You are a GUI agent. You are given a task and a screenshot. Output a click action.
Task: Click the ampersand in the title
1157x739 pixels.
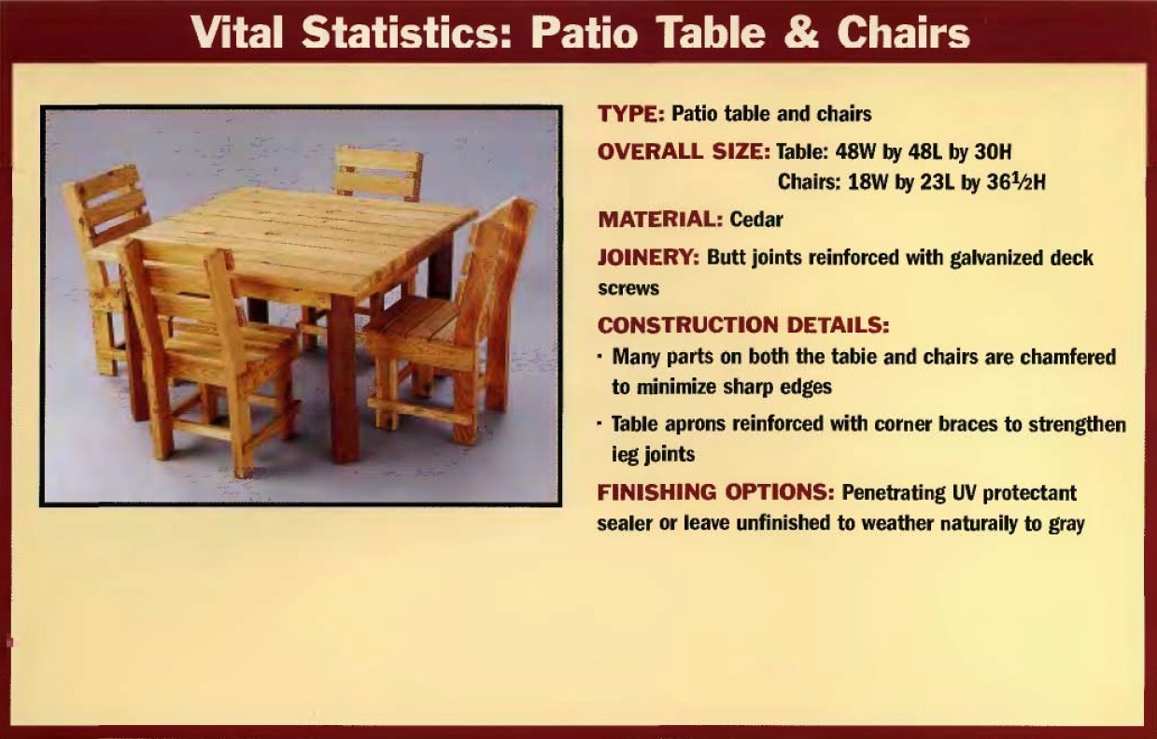(x=801, y=33)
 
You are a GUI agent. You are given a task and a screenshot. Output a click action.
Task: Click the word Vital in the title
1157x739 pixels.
(x=237, y=33)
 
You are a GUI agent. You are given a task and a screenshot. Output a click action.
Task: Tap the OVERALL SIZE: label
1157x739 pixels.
(x=684, y=152)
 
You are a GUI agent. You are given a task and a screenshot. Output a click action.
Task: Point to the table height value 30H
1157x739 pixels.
(x=993, y=152)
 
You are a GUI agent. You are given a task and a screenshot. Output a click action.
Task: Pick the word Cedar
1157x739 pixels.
(x=756, y=220)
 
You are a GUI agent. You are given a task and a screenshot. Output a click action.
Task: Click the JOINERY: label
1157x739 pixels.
(x=649, y=257)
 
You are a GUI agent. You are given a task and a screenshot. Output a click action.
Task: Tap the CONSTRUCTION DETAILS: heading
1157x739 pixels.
(x=743, y=325)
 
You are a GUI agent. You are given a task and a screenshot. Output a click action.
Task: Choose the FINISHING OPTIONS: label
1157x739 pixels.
(x=716, y=492)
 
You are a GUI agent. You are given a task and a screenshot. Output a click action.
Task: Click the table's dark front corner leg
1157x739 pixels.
(x=344, y=380)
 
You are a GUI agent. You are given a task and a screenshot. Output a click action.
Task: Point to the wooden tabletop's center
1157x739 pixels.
(x=289, y=239)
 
